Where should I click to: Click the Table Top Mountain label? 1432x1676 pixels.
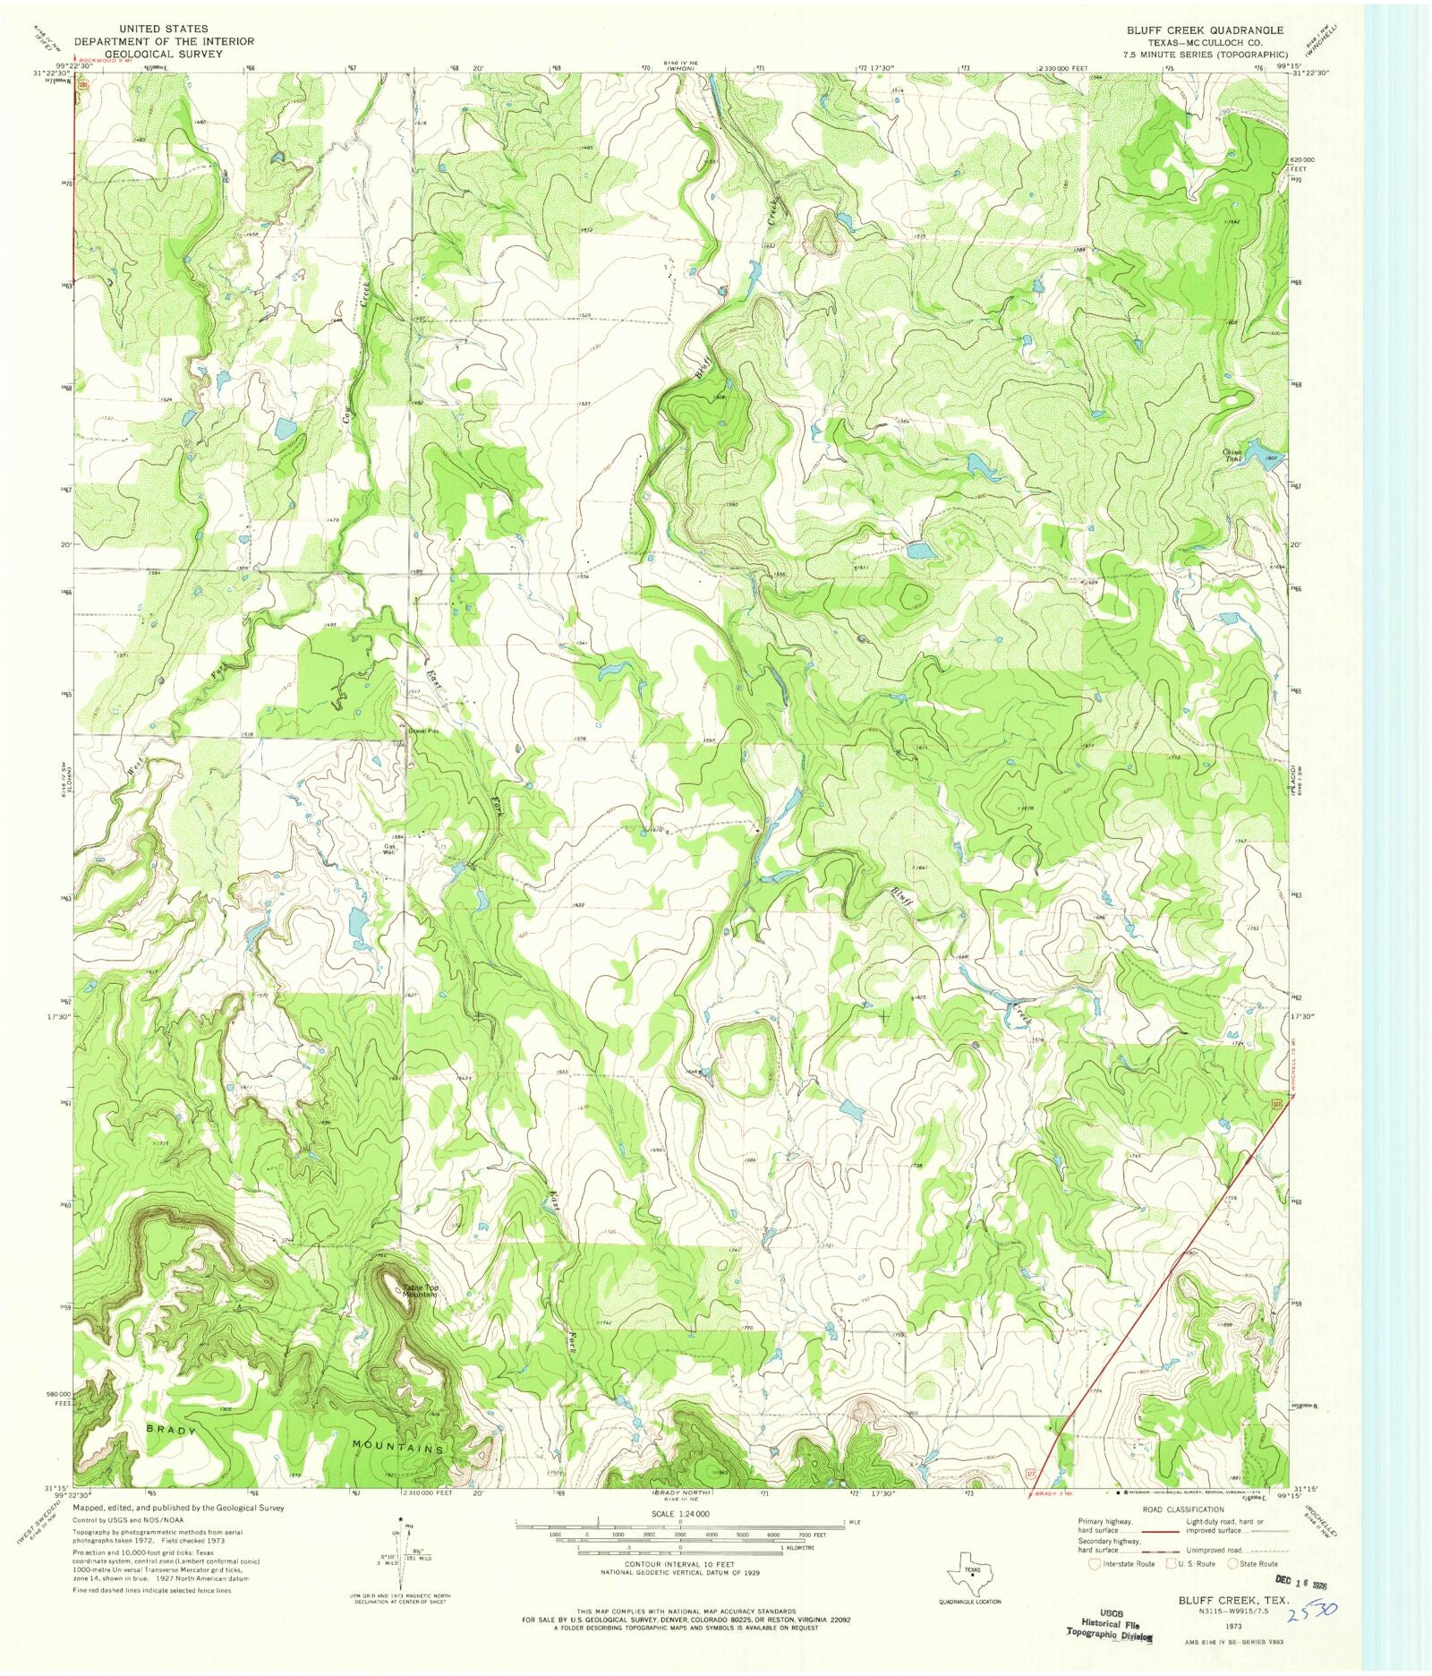419,1291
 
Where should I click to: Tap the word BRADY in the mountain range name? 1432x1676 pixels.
170,1431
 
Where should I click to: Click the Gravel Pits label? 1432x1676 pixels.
423,731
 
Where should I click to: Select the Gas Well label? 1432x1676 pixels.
389,849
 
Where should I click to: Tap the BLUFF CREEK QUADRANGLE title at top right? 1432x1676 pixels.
1205,30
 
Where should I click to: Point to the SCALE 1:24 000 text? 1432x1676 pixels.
679,1513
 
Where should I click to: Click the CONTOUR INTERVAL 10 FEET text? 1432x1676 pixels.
679,1564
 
